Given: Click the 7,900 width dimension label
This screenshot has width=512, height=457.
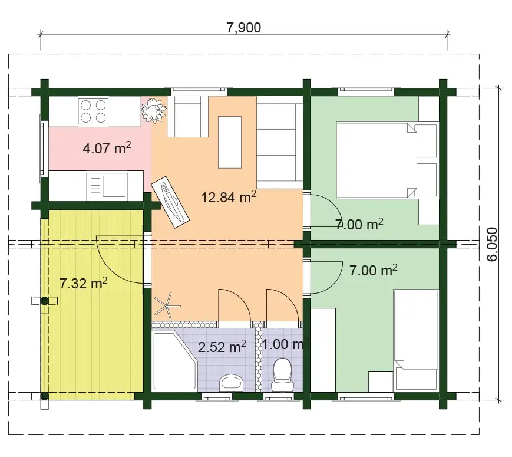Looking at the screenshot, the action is (243, 28).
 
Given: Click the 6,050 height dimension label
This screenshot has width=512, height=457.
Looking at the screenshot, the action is (492, 244).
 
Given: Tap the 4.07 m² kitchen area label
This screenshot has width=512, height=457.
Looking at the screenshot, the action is (107, 148).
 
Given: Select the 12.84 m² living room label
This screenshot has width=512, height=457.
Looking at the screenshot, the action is (228, 197).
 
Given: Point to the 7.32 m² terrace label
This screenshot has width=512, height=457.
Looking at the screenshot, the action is (83, 283).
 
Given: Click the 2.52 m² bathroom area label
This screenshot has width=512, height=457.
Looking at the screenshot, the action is (222, 347).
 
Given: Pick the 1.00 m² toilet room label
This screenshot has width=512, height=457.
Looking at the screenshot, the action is (285, 344).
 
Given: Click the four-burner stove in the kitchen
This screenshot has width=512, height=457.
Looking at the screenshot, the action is (93, 111).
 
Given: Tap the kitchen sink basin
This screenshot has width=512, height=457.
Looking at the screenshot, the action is (114, 186).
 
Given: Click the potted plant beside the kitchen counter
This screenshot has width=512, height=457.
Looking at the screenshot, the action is (154, 110).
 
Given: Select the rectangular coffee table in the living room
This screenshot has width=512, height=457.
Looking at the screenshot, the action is (230, 142).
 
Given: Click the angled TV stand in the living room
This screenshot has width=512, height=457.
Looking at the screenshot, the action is (170, 202).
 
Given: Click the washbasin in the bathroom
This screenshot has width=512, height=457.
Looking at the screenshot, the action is (232, 383).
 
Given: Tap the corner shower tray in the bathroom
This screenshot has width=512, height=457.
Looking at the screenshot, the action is (175, 360).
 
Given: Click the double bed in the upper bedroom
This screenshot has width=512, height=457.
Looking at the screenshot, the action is (387, 160).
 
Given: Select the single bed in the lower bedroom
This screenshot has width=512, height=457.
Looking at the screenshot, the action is (416, 340).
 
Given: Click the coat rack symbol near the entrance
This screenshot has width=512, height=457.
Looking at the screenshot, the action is (167, 306).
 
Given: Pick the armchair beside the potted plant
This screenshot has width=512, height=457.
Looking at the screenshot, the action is (187, 116).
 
